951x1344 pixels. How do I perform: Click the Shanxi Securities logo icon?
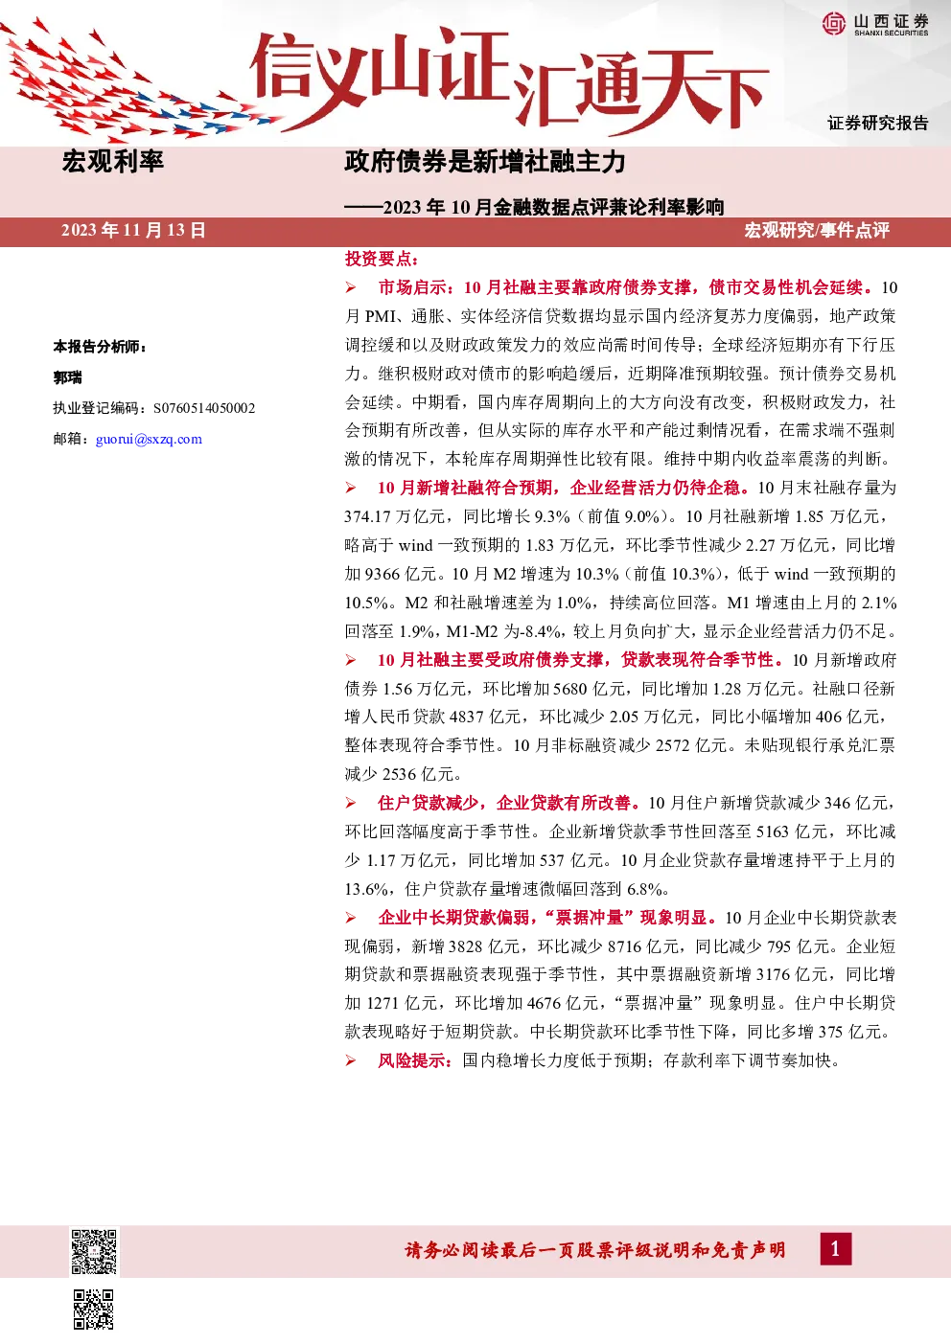834,23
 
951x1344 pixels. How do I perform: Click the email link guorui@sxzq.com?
149,439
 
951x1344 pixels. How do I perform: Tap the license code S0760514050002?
204,408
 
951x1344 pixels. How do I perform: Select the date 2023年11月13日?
133,231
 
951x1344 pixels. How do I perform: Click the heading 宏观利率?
113,161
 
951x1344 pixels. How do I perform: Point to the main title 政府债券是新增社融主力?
485,162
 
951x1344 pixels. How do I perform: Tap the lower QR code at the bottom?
94,1310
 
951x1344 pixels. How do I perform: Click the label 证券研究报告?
878,123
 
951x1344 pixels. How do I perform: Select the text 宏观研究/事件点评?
817,231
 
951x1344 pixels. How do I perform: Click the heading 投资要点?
382,259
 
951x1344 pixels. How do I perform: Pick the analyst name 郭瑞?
67,377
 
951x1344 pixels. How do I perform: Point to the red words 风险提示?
414,1060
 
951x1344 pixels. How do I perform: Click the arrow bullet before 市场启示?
351,288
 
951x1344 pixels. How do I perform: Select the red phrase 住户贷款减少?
428,803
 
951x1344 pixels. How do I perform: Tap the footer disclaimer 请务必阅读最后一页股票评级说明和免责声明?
595,1250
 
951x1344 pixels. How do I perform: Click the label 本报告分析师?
99,347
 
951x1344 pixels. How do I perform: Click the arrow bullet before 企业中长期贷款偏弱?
351,918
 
